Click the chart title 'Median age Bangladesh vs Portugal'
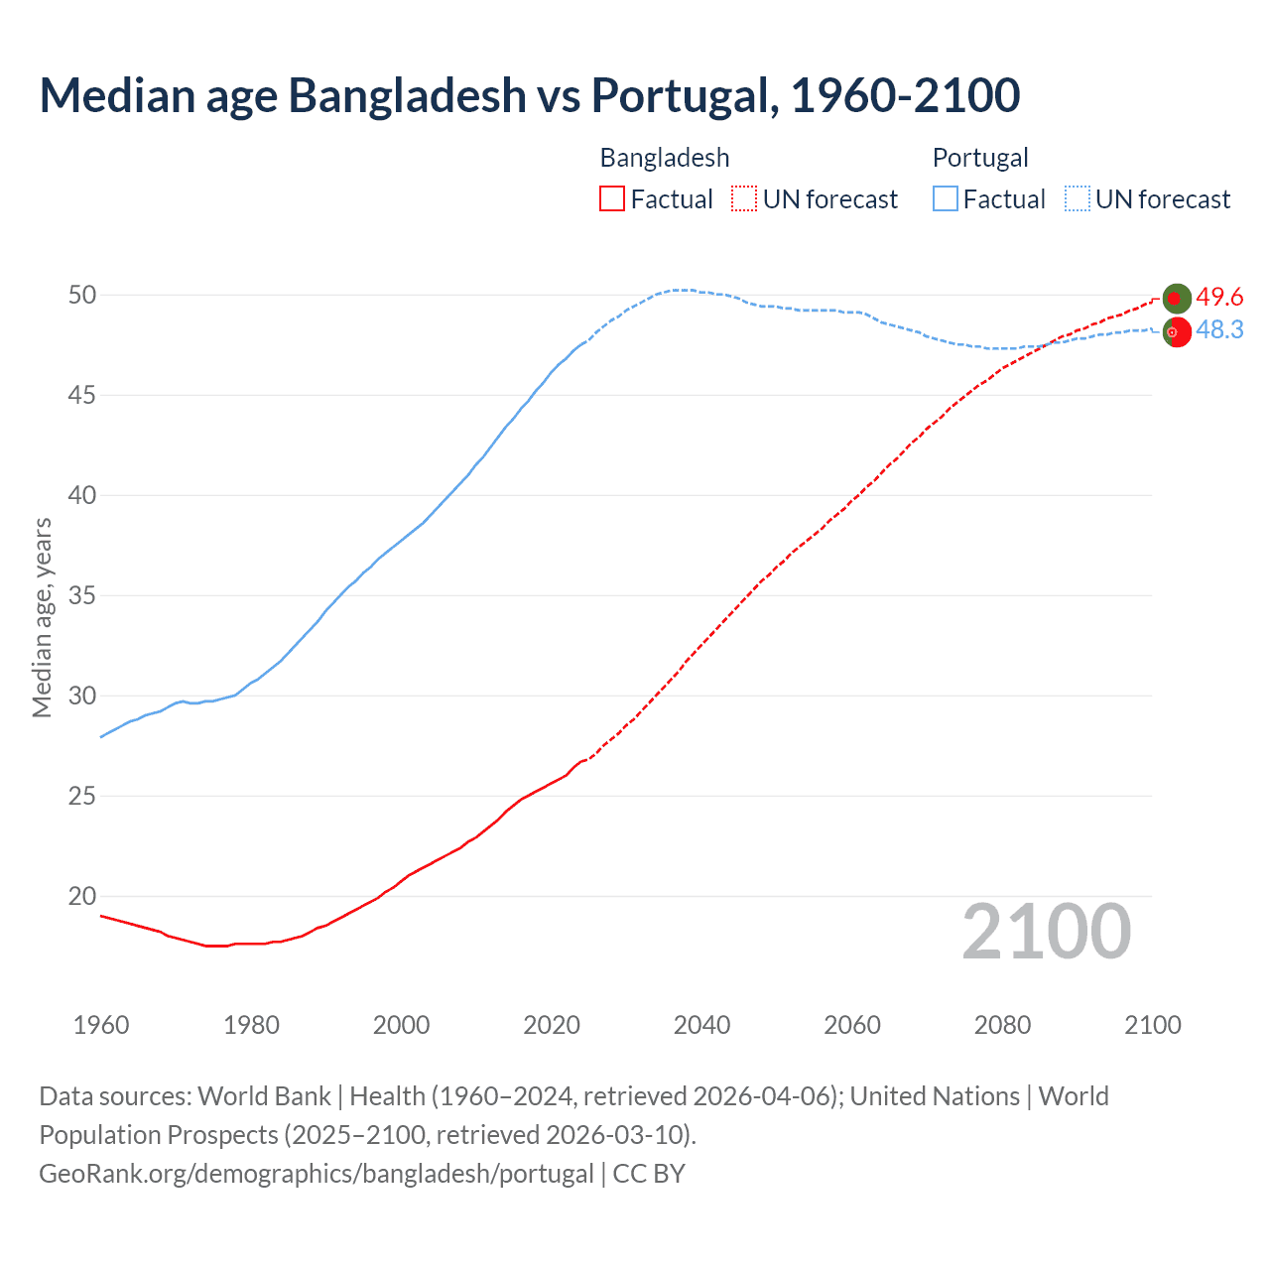tap(529, 95)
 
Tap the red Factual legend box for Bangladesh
tap(612, 199)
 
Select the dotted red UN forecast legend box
tap(744, 199)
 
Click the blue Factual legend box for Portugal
tap(946, 199)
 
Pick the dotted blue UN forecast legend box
tap(1077, 199)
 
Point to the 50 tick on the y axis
tap(82, 296)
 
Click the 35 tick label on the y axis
tap(82, 596)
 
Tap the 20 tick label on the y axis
tap(82, 897)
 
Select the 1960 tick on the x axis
tap(101, 1025)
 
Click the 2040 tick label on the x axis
tap(701, 1025)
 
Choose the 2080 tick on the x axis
tap(1002, 1025)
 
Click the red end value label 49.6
tap(1219, 298)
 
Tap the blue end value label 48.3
tap(1219, 330)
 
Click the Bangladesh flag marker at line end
tap(1177, 298)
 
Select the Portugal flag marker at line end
tap(1177, 333)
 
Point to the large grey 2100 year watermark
tap(1046, 932)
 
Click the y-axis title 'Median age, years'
tap(42, 616)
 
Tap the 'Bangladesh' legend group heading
tap(665, 158)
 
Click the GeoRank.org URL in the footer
tap(316, 1174)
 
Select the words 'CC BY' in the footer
tap(649, 1174)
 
